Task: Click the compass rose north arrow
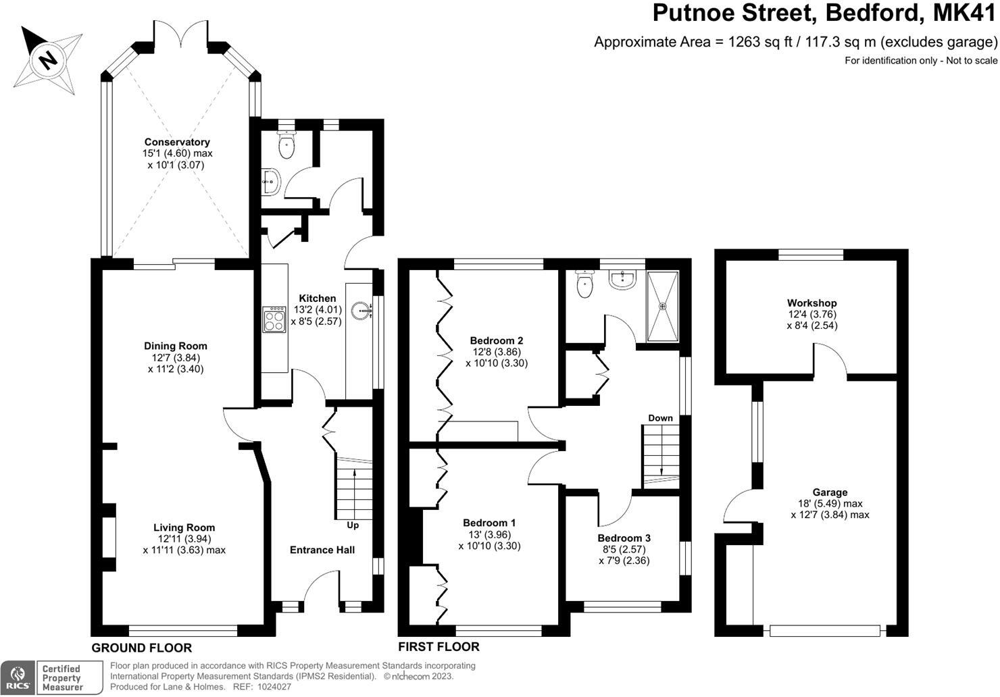pos(48,59)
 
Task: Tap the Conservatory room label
pos(177,142)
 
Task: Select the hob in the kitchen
pos(274,319)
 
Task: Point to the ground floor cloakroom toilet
pos(288,145)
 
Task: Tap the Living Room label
pos(184,527)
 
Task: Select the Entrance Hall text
pos(322,550)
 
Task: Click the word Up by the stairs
pos(353,525)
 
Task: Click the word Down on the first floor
pos(660,418)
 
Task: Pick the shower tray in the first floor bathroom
pos(663,306)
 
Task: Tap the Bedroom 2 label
pos(497,340)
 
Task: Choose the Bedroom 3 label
pos(624,538)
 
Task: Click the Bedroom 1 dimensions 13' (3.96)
pos(489,534)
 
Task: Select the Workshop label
pos(811,303)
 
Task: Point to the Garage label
pos(830,492)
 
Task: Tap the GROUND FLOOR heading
pos(142,648)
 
